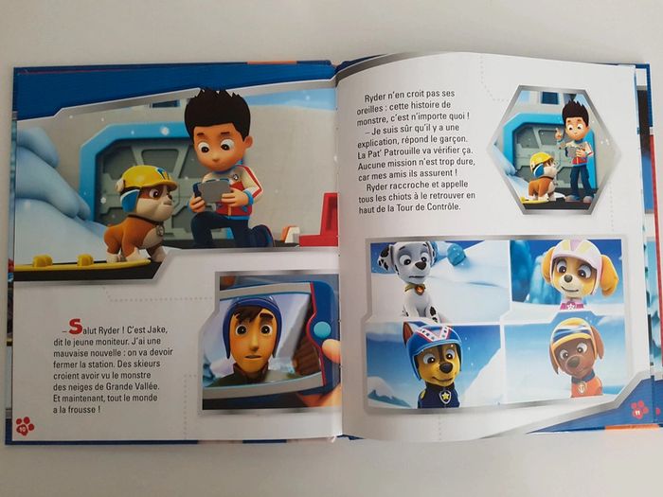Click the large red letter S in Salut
point(75,326)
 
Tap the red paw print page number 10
point(25,426)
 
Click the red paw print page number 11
point(639,409)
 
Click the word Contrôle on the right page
point(442,207)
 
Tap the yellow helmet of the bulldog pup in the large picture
point(145,178)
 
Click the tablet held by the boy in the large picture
point(212,191)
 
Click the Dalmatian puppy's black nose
point(421,266)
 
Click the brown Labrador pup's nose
point(573,362)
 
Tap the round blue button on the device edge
point(323,328)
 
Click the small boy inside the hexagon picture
point(578,151)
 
